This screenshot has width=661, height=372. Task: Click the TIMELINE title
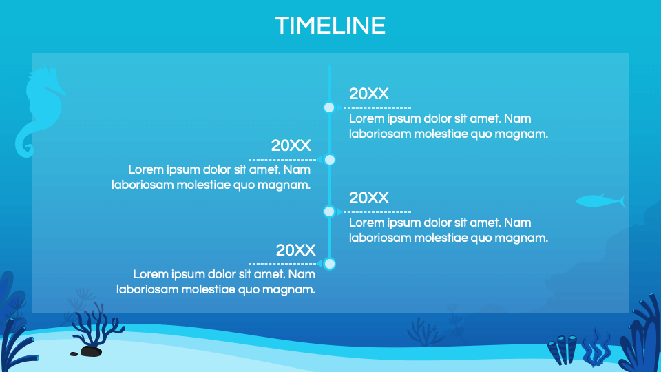[x=330, y=25]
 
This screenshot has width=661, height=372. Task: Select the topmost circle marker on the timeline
[x=329, y=107]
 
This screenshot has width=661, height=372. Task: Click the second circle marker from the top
[x=329, y=160]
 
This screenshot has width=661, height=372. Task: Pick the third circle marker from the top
[x=329, y=211]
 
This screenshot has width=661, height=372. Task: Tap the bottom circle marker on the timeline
[x=329, y=264]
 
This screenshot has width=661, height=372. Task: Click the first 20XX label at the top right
[x=368, y=94]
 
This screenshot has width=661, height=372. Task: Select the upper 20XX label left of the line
[x=291, y=145]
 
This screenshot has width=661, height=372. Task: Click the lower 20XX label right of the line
[x=368, y=198]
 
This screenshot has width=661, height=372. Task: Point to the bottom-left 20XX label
[x=295, y=250]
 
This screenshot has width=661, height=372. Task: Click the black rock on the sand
[x=91, y=351]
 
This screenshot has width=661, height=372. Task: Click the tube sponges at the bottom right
[x=563, y=349]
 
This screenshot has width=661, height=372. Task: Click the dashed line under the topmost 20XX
[x=377, y=108]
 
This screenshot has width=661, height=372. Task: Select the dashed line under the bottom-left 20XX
[x=282, y=264]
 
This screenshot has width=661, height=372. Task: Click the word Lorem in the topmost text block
[x=366, y=118]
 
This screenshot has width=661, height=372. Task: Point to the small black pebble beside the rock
[x=74, y=354]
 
